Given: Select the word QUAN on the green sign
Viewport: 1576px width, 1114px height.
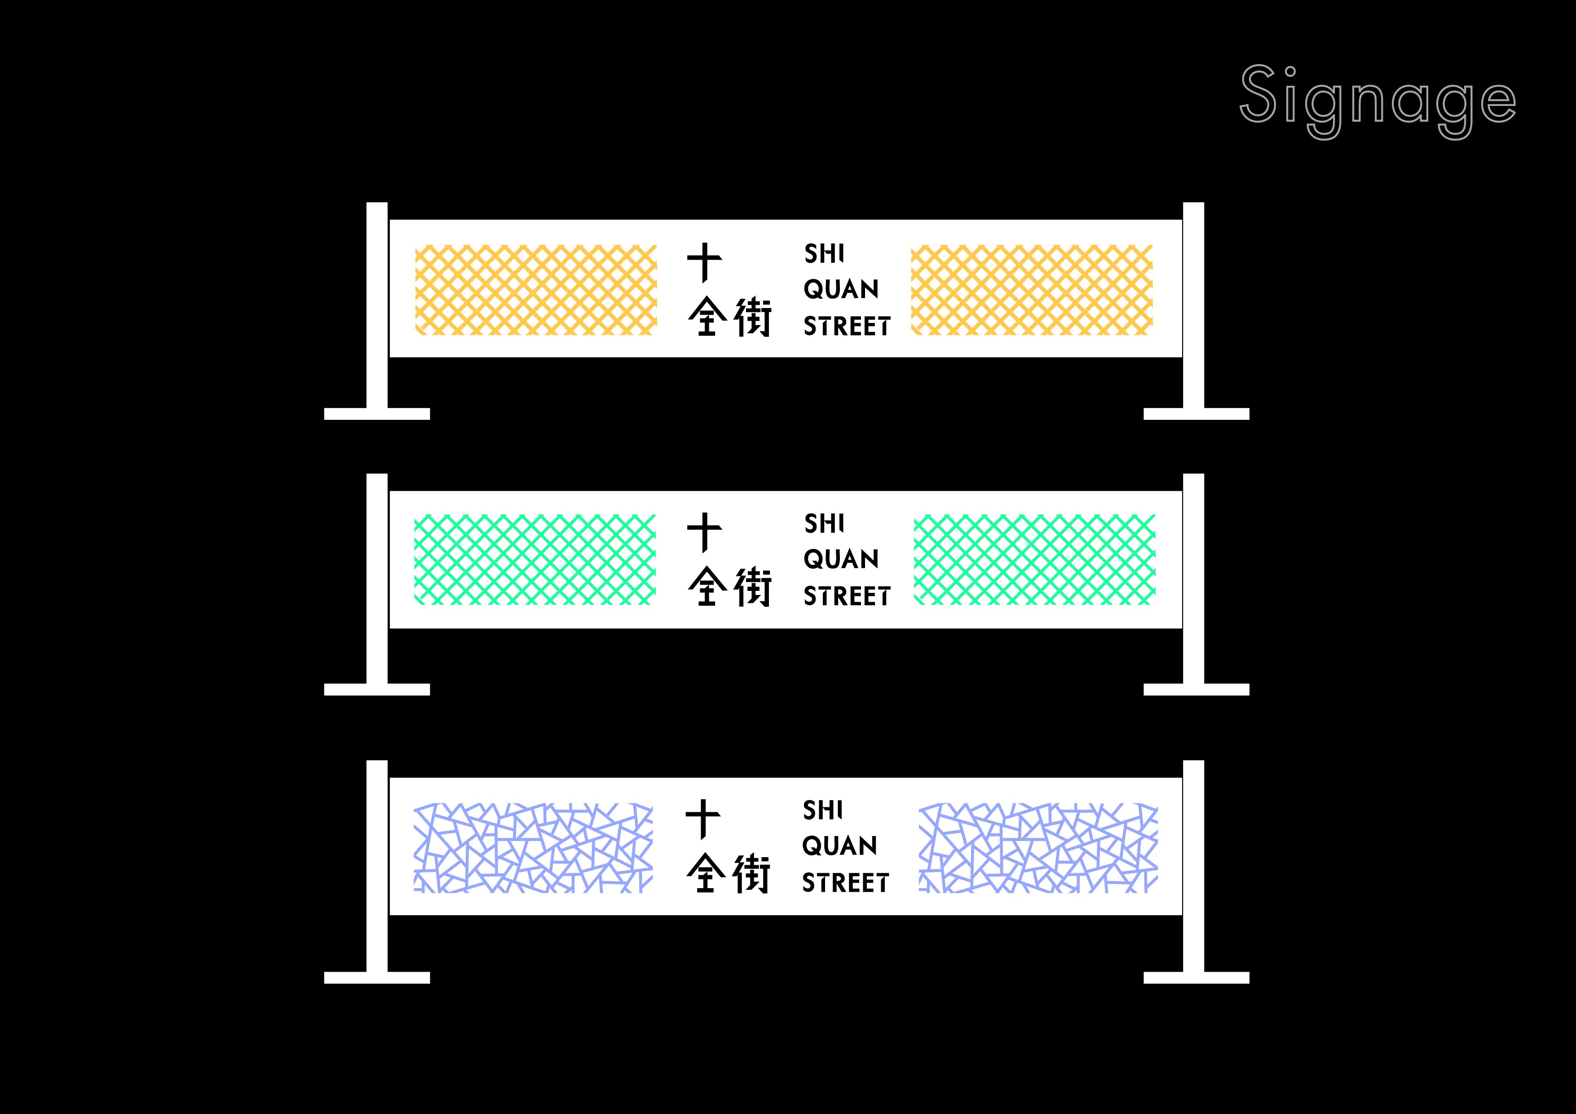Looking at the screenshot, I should tap(841, 559).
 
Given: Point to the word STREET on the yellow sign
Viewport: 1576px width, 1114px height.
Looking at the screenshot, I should tap(847, 326).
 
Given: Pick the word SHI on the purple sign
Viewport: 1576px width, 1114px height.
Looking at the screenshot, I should tap(822, 810).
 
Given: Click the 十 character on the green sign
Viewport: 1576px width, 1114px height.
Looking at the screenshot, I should tap(704, 532).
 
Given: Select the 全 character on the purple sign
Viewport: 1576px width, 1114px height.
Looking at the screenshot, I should tap(706, 873).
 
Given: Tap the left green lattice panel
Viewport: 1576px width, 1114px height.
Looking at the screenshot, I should tap(535, 559).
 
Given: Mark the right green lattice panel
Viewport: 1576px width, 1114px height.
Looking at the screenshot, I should tap(1034, 559).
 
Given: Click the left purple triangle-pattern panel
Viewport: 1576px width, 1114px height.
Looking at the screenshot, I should tap(533, 848).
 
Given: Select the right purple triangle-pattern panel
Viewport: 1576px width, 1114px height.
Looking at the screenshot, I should tap(1038, 848).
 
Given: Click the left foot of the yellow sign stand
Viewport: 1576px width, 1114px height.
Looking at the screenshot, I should tap(377, 414).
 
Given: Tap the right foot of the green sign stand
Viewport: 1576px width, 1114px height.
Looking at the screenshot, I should tap(1196, 689).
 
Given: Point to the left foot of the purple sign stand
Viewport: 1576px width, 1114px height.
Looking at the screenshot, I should tap(377, 978).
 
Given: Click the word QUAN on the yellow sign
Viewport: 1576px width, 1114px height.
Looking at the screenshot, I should tap(841, 290).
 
